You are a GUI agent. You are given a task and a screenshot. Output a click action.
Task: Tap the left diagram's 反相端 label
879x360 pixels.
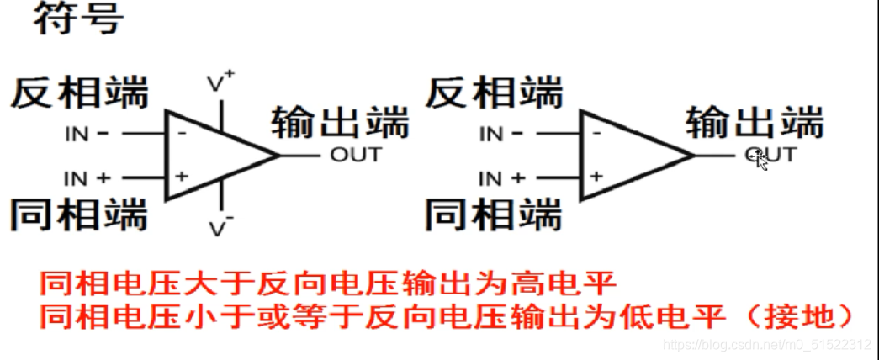(x=79, y=93)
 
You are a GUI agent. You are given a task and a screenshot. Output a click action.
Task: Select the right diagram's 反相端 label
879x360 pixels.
(x=494, y=92)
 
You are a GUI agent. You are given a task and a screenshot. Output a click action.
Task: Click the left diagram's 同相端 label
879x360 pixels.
(x=79, y=214)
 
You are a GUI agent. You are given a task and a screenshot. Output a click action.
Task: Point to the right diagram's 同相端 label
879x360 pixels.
(x=494, y=214)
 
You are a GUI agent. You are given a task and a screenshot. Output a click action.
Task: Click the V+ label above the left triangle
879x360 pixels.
(x=220, y=82)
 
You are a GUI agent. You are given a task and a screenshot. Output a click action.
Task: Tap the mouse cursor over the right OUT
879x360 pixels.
(x=761, y=160)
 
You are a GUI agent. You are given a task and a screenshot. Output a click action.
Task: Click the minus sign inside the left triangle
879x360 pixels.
(x=181, y=132)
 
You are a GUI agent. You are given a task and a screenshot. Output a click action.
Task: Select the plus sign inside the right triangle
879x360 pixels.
(x=596, y=176)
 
